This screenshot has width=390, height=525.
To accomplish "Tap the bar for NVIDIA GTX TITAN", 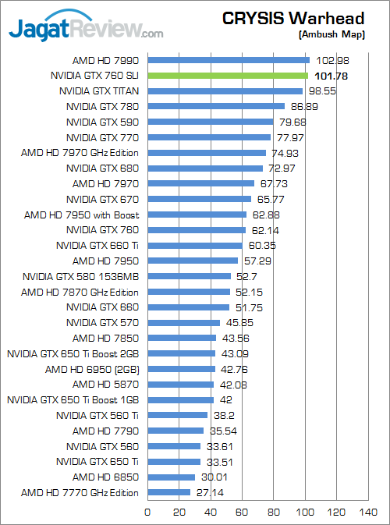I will (x=225, y=90).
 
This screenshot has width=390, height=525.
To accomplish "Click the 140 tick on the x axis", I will (x=367, y=513).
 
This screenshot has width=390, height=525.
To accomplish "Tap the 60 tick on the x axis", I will (x=242, y=513).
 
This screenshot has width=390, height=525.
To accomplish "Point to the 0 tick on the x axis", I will (x=148, y=513).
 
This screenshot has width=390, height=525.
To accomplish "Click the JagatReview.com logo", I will (x=86, y=30).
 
